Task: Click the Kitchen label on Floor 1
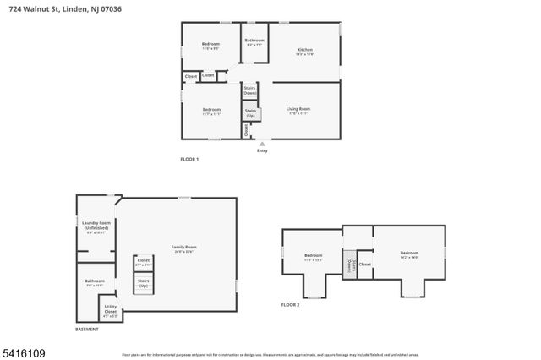click(x=304, y=51)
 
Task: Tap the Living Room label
click(x=298, y=109)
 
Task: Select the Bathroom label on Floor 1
click(x=254, y=41)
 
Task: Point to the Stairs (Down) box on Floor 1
click(x=250, y=90)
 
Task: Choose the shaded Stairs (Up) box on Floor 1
click(x=250, y=112)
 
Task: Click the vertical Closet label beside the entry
click(x=246, y=129)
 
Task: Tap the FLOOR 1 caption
click(x=189, y=159)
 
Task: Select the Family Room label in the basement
click(x=183, y=248)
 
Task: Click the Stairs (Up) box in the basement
click(x=143, y=283)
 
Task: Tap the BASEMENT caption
click(x=87, y=330)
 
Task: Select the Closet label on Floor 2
click(x=364, y=264)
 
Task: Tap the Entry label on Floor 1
click(x=262, y=150)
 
